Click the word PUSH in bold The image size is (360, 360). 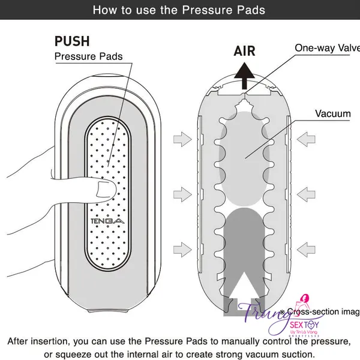pyautogui.click(x=72, y=41)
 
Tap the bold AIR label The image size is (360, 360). pyautogui.click(x=244, y=51)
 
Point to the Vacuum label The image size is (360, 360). pyautogui.click(x=332, y=113)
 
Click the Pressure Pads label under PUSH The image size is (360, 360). pyautogui.click(x=88, y=57)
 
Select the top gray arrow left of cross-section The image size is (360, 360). pyautogui.click(x=180, y=140)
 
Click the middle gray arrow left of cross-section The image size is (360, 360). pyautogui.click(x=180, y=193)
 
